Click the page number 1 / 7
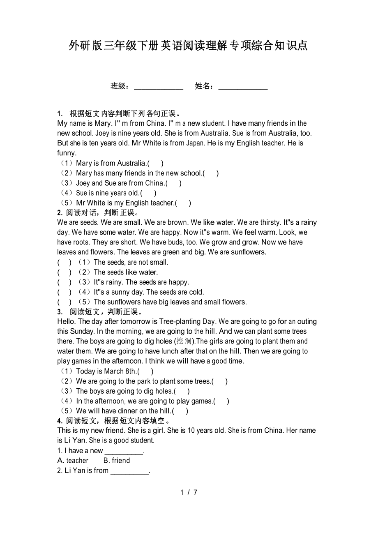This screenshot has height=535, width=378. coord(189,492)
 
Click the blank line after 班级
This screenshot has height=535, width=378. coord(159,87)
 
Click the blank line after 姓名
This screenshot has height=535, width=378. coord(243,87)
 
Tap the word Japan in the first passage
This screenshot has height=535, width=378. coord(195,143)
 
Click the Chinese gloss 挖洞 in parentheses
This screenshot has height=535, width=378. coord(184,341)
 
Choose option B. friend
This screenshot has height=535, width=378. coord(117,461)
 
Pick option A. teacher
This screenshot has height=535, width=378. coord(73,461)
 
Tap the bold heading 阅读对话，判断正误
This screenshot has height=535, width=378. coord(99,212)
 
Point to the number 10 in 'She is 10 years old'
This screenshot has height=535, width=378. coord(191,431)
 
